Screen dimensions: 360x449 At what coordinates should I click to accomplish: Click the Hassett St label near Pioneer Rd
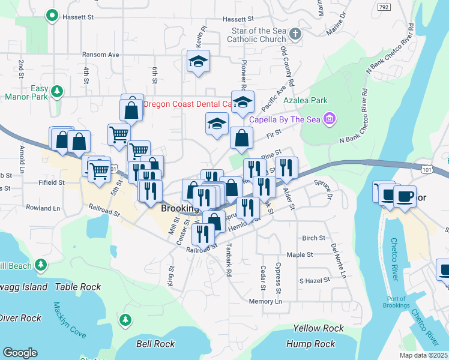pos(238,19)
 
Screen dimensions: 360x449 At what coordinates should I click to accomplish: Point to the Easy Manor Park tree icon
pos(57,91)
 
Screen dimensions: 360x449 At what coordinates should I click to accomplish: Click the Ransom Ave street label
pos(100,55)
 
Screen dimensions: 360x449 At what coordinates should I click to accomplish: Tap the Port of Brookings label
pos(397,302)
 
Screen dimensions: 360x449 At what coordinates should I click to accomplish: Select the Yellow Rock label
pos(319,328)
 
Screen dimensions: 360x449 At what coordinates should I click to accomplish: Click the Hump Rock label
pos(311,344)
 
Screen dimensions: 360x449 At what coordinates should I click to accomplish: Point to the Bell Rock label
pos(155,344)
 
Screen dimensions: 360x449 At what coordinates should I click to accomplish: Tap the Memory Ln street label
pos(265,301)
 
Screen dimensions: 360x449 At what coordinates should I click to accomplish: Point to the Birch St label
pos(313,238)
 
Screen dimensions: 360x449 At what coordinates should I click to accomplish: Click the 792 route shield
pos(384,7)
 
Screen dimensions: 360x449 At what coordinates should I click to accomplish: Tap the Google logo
pos(20,353)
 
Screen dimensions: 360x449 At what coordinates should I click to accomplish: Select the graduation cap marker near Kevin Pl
pos(197,62)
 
